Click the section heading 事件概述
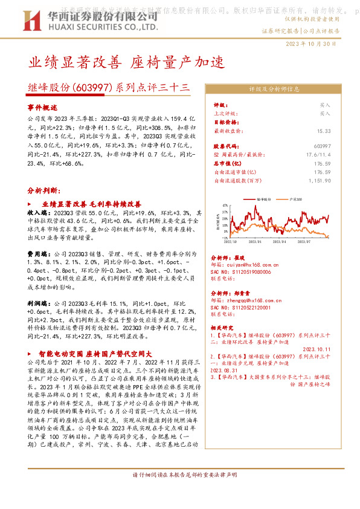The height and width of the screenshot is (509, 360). point(42,106)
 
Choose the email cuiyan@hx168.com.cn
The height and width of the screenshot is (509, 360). point(244,264)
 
